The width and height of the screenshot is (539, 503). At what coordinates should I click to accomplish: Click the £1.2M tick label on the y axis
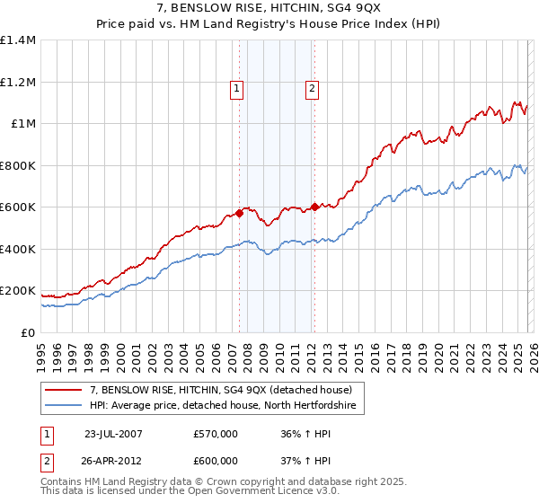pos(18,82)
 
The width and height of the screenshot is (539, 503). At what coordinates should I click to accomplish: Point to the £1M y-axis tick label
pos(22,124)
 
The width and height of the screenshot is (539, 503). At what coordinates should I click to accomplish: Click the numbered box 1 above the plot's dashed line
pos(236,88)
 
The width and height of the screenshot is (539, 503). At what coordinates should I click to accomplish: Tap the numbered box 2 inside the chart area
pos(312,88)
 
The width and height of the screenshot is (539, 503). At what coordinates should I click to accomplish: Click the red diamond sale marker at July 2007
pos(240,214)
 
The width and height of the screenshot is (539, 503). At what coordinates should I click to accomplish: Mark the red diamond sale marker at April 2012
pos(314,207)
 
